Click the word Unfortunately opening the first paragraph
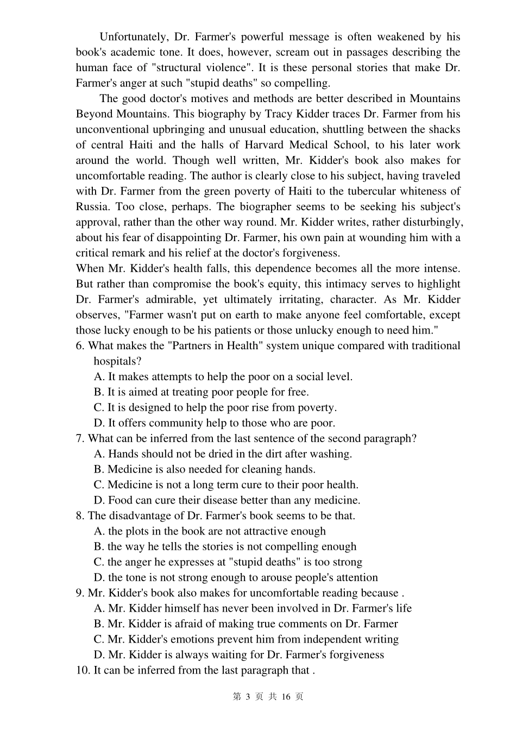pos(134,37)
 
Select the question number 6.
pos(80,346)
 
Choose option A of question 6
pos(223,376)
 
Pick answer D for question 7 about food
pos(226,500)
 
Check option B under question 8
pos(225,546)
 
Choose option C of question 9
pos(246,639)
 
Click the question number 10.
pos(83,670)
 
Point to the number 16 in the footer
pos(287,697)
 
